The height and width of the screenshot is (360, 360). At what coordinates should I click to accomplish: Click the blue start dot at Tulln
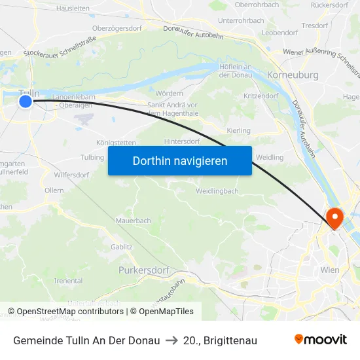26,101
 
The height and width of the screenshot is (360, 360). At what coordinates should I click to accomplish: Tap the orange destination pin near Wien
334,217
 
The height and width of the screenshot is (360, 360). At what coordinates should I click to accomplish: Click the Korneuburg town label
293,75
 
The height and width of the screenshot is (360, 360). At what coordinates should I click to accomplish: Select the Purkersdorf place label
144,270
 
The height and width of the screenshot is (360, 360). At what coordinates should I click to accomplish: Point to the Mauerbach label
133,221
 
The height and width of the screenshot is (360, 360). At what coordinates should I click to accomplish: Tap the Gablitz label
122,247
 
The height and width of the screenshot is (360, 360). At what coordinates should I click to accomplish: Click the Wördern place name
169,94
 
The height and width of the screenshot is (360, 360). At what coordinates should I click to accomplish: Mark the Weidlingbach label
217,191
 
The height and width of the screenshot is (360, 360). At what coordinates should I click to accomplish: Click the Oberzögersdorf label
118,28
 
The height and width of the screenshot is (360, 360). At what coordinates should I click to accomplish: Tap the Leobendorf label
279,32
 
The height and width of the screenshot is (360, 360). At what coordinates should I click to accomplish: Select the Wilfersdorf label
71,175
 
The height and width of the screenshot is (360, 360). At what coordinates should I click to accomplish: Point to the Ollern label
54,190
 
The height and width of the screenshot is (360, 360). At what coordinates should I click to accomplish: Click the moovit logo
321,340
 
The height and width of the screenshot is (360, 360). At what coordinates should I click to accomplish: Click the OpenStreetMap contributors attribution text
70,312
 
